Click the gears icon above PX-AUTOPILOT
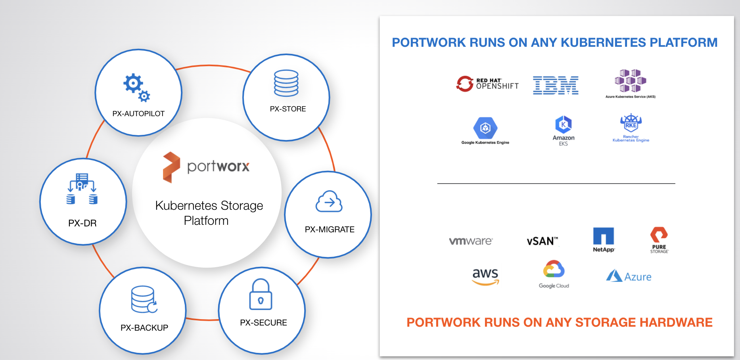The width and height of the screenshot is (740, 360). [136, 87]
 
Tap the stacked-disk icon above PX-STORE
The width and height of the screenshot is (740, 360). [286, 83]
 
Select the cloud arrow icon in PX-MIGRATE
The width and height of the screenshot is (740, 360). [329, 202]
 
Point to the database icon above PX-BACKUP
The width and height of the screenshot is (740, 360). [144, 299]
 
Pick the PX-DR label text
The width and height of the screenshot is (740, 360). [82, 223]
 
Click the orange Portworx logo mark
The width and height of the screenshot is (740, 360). [171, 167]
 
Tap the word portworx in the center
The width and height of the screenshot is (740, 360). [218, 167]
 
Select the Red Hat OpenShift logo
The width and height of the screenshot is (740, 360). [487, 84]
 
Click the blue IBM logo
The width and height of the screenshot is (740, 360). [556, 85]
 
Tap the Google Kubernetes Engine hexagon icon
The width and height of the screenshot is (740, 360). [485, 128]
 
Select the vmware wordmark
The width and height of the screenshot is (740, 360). [471, 241]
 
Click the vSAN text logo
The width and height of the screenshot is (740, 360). [542, 241]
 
